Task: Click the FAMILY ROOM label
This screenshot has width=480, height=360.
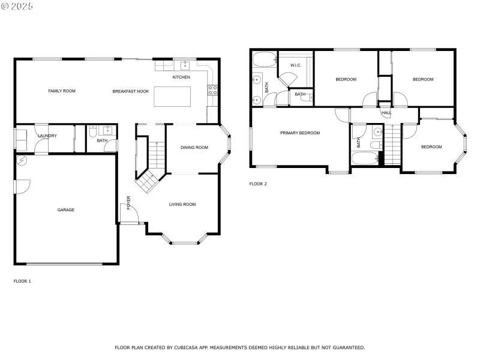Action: pyautogui.click(x=62, y=91)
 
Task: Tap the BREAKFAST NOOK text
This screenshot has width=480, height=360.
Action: pyautogui.click(x=131, y=91)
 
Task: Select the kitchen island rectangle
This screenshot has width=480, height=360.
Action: pyautogui.click(x=173, y=97)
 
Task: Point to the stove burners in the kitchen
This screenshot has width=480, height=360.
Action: pyautogui.click(x=212, y=91)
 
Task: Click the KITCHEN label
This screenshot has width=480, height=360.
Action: pyautogui.click(x=181, y=77)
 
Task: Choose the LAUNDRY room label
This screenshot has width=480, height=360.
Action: pyautogui.click(x=47, y=136)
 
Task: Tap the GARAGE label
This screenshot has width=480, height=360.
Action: pyautogui.click(x=66, y=210)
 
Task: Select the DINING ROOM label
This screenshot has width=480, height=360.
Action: pyautogui.click(x=194, y=147)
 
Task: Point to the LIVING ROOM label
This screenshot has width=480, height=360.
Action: pyautogui.click(x=182, y=205)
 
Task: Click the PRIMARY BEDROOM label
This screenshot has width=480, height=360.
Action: pyautogui.click(x=300, y=133)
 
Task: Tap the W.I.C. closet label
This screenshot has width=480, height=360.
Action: pyautogui.click(x=295, y=65)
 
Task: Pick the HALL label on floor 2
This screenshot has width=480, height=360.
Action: pyautogui.click(x=386, y=112)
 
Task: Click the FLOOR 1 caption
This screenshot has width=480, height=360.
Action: pyautogui.click(x=22, y=281)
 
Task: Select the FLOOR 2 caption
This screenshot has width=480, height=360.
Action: pyautogui.click(x=258, y=184)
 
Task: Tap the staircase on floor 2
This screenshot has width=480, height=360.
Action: pyautogui.click(x=392, y=144)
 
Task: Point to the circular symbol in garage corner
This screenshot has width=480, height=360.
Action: pyautogui.click(x=22, y=161)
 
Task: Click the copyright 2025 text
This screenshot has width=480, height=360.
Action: pyautogui.click(x=17, y=6)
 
